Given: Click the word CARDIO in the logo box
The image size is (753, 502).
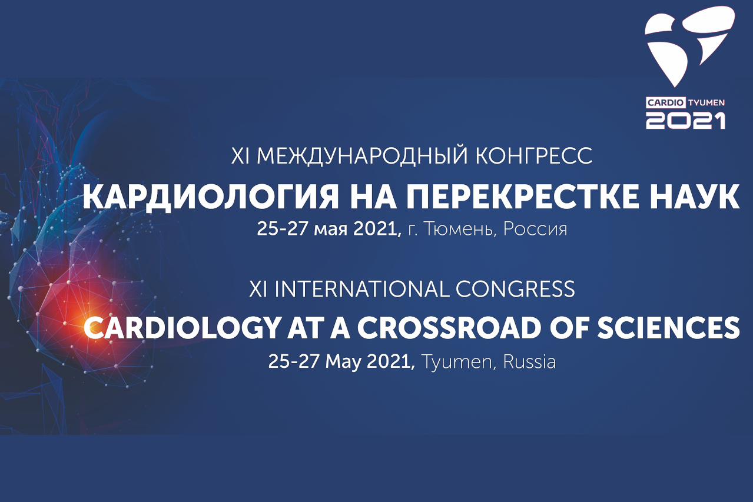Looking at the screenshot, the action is [x=665, y=103].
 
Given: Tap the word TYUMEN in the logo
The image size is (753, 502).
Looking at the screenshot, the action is [x=705, y=103].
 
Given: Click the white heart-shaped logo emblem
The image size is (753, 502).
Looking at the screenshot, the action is [x=690, y=46].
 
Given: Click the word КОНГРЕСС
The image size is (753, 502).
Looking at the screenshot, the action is [x=534, y=155].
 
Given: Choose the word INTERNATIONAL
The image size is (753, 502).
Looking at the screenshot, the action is [x=361, y=289].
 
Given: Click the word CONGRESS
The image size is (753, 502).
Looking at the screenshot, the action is [x=515, y=289].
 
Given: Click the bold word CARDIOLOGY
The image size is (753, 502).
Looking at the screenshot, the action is [x=182, y=328].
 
